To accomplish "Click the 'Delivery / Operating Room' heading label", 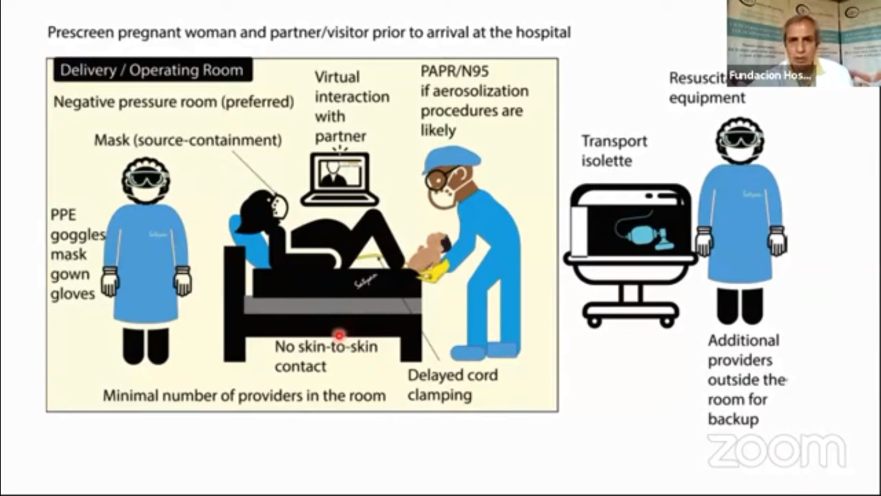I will coord(151,70).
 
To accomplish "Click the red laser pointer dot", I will coord(339,335).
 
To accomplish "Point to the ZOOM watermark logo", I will coord(776,451).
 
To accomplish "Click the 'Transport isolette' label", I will coord(614,150).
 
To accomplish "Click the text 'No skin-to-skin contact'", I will coord(326,356).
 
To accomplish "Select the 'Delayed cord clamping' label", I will coord(452,385).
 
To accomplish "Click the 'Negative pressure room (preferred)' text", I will coord(173,102).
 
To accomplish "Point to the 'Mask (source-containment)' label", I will coord(188,140).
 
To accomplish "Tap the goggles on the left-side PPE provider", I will coord(145,179).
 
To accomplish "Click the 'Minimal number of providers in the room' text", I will coord(244,395).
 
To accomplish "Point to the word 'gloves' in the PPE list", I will coord(72,294).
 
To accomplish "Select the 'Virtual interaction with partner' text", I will coord(351,106).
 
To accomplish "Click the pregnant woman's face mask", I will coord(279,206).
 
